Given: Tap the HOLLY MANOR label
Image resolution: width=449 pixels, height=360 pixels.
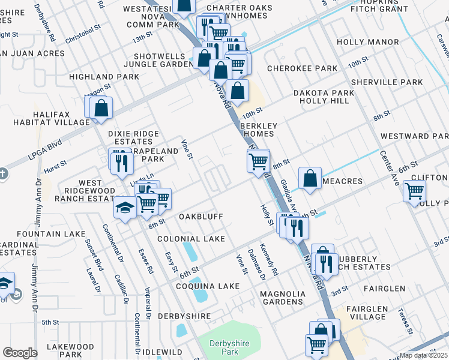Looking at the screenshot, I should (x=367, y=42).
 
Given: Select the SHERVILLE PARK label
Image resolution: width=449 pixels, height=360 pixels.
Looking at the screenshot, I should (x=387, y=82).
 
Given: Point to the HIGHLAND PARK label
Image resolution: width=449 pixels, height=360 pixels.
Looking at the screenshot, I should (x=100, y=77).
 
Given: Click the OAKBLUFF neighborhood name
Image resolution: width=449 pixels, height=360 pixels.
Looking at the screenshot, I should (x=201, y=217).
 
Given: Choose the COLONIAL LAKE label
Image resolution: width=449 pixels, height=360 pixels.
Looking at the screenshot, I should (x=191, y=239).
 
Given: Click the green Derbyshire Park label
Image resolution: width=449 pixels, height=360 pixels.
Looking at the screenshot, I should (x=228, y=348).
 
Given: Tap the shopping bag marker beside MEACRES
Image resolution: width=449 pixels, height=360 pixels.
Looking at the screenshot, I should (x=310, y=178).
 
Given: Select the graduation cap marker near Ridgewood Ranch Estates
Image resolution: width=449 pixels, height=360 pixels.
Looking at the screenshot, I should (x=125, y=208).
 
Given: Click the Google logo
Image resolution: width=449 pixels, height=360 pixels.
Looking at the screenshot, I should (x=20, y=353).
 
